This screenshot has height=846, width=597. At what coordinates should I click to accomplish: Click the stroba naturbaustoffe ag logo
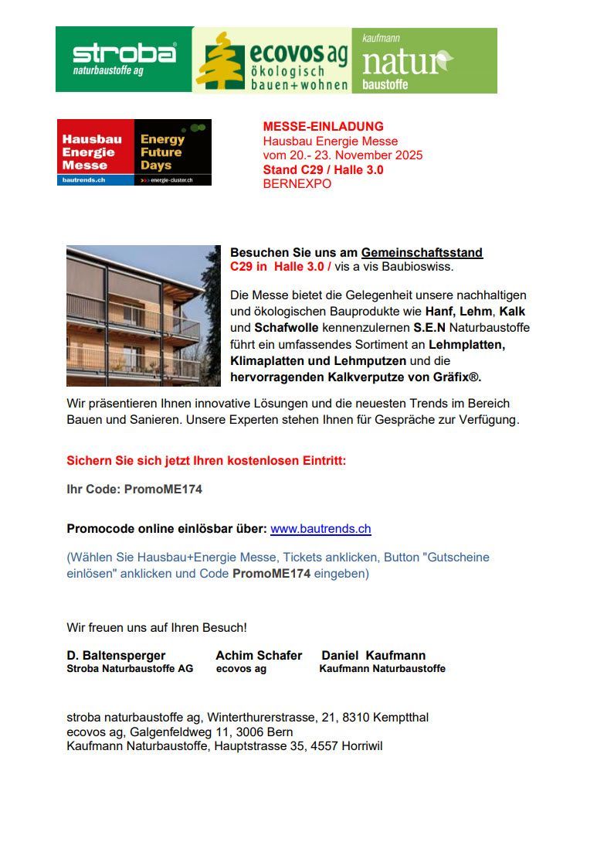tap(124, 60)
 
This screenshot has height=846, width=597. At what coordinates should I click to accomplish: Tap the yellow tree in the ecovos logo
tap(220, 61)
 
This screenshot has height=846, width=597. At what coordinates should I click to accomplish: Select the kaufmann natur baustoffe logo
tap(424, 60)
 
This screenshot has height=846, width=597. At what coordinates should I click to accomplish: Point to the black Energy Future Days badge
tap(172, 152)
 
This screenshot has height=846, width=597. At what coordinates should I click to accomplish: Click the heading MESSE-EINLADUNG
tap(323, 127)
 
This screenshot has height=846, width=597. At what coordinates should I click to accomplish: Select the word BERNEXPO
tap(297, 184)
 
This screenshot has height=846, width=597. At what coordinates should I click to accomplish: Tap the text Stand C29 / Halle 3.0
tap(323, 170)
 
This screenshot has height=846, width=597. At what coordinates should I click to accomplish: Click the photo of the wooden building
tap(144, 316)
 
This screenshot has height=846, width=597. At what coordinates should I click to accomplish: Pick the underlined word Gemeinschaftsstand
tap(422, 253)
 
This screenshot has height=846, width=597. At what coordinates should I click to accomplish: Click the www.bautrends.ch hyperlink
tap(321, 529)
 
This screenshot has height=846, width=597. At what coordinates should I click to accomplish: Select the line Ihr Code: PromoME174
tap(134, 489)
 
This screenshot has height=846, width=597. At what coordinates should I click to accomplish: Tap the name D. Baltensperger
tap(116, 655)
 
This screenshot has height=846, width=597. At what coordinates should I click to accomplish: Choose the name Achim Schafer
tap(259, 655)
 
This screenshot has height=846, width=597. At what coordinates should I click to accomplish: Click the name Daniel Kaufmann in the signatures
tap(373, 655)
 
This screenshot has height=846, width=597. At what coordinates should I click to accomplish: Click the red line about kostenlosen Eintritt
tap(206, 461)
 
